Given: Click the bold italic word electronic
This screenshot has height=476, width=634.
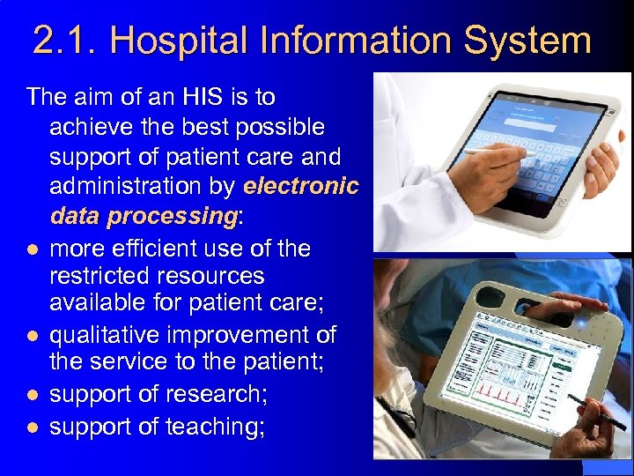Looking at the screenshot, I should [301, 186].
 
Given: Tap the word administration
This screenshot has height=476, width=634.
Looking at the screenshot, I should [143, 186].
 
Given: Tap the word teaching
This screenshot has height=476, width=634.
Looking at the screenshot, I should [224, 426].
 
